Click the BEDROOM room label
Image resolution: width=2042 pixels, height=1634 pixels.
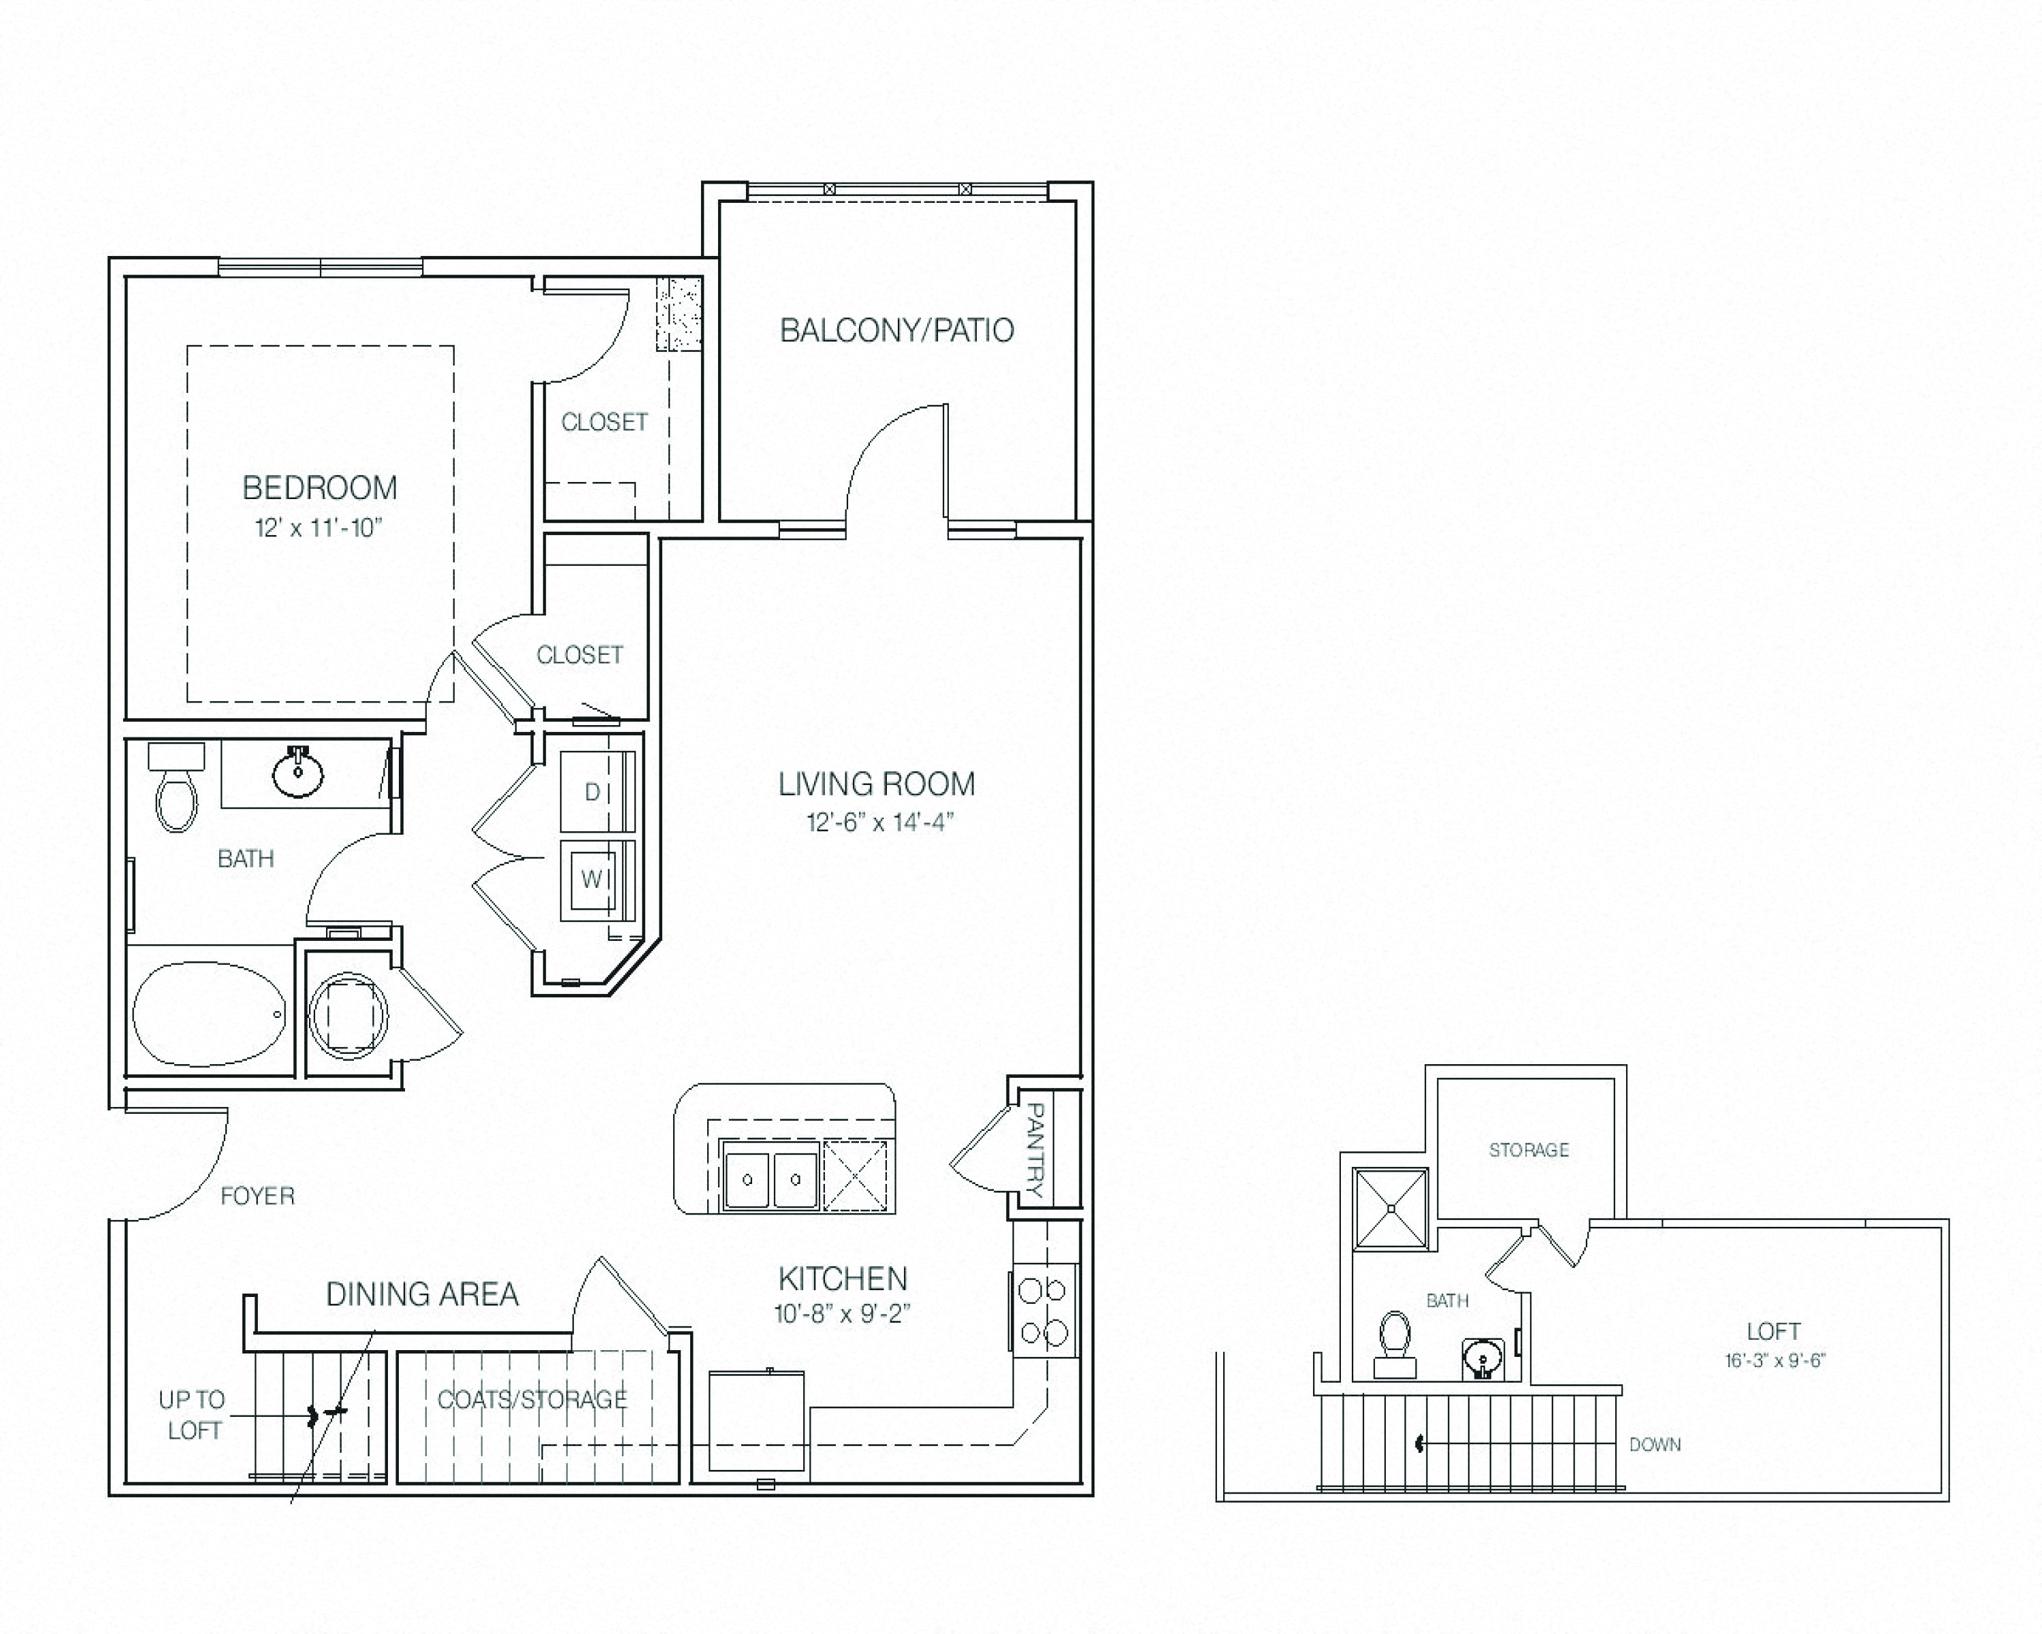[x=320, y=488]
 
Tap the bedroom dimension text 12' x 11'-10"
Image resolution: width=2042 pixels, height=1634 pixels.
[x=319, y=528]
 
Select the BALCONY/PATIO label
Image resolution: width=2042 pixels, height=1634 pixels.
[x=896, y=331]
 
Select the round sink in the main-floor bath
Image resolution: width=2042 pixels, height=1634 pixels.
[x=298, y=773]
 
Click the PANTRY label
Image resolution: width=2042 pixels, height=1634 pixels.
[x=1035, y=1149]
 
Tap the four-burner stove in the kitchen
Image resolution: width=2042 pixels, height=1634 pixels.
[x=1043, y=1312]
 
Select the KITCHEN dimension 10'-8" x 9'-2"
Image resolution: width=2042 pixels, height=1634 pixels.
[x=842, y=1314]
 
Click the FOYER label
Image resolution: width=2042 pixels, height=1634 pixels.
[x=257, y=1196]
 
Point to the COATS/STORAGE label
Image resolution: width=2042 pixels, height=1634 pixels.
[x=532, y=1399]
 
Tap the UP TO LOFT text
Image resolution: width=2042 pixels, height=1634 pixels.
[x=192, y=1415]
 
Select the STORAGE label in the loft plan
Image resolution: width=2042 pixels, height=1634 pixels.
[x=1529, y=1150]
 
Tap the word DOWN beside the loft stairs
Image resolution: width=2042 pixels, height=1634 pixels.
[x=1655, y=1445]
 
